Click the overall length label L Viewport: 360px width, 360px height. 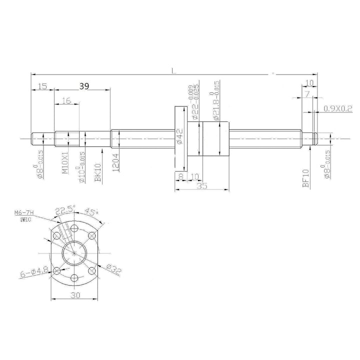click(x=173, y=70)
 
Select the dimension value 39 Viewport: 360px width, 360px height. click(x=84, y=86)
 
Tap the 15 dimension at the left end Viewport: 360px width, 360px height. click(x=42, y=86)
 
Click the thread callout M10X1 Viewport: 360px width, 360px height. click(x=65, y=163)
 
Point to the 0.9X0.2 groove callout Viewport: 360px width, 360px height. click(x=337, y=108)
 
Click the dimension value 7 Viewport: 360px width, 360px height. click(x=306, y=93)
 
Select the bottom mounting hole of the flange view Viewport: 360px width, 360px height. click(x=73, y=278)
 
